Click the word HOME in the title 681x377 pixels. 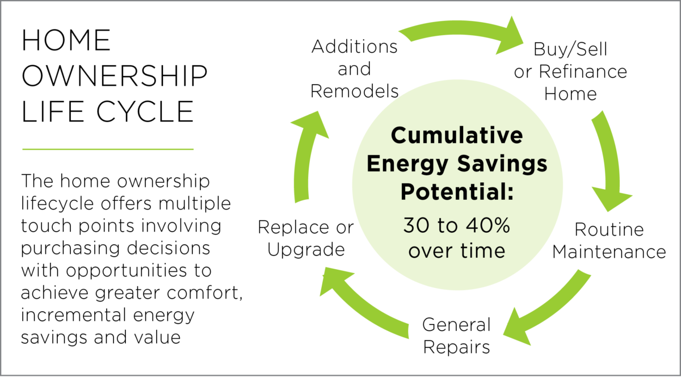tap(66, 41)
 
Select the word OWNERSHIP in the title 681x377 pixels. tap(114, 76)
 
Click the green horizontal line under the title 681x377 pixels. tap(107, 149)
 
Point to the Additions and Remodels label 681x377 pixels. tap(355, 69)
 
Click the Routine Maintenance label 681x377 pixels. tap(609, 240)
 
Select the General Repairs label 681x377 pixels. tap(456, 336)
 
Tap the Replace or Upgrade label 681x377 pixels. tap(305, 238)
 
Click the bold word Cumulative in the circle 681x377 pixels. tap(457, 136)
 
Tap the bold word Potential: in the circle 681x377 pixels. tap(457, 192)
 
